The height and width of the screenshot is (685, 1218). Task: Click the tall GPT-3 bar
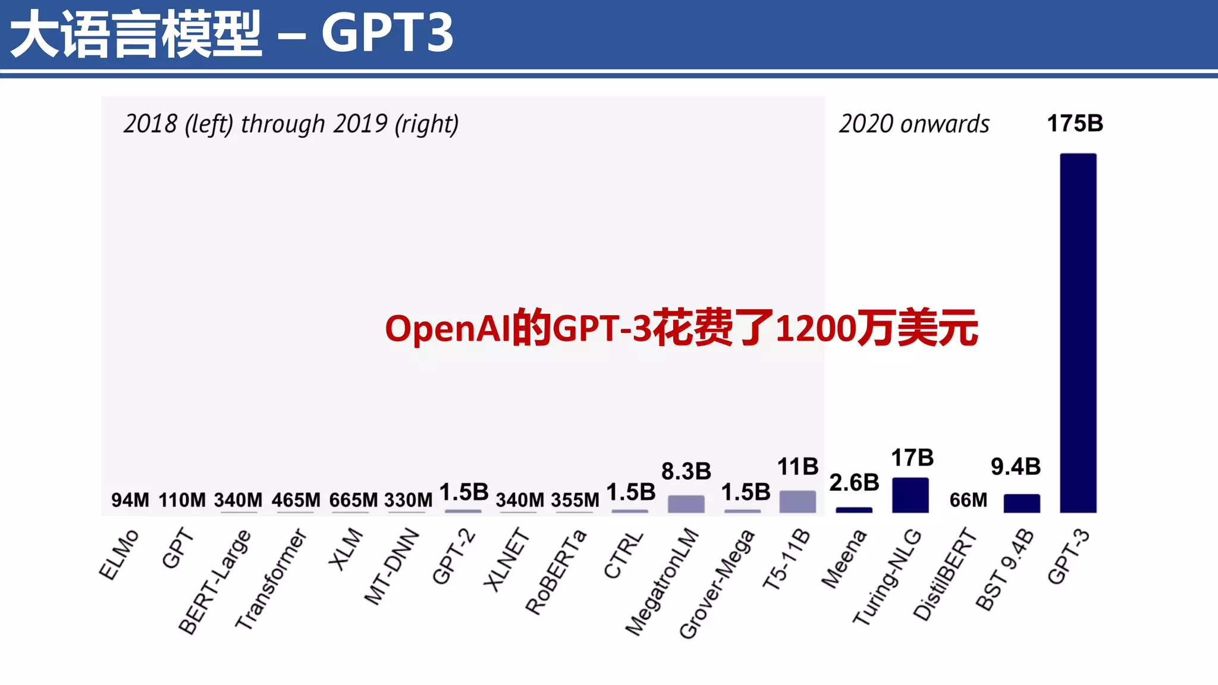(x=1078, y=333)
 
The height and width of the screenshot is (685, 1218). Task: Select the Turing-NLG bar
(x=910, y=495)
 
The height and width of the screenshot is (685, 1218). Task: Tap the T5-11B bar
(x=798, y=501)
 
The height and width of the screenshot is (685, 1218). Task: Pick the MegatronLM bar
(x=686, y=504)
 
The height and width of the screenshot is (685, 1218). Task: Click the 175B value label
(x=1075, y=124)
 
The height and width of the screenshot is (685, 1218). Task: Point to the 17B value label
(x=912, y=458)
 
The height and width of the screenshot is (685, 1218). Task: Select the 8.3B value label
(x=686, y=471)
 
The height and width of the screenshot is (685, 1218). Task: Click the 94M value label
(x=130, y=500)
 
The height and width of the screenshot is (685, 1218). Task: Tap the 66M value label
(x=968, y=500)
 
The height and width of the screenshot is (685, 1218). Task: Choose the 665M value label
(x=353, y=500)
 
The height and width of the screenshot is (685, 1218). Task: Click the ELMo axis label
(x=118, y=554)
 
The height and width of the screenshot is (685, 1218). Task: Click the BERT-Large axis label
(x=215, y=582)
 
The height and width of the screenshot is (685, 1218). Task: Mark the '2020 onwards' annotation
(x=914, y=124)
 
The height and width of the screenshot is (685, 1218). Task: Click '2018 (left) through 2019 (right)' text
(x=291, y=124)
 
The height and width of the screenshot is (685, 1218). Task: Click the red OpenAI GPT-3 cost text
(x=681, y=328)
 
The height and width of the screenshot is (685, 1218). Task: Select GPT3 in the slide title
(x=387, y=33)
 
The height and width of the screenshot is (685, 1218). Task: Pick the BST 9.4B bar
(x=1022, y=503)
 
